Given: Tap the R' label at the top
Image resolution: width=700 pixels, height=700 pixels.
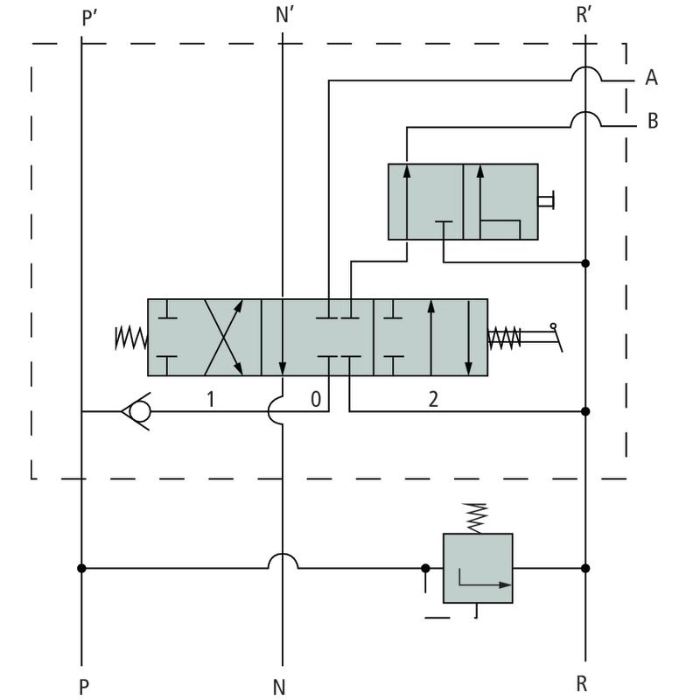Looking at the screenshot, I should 585,18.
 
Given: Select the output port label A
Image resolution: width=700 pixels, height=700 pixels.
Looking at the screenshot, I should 651,79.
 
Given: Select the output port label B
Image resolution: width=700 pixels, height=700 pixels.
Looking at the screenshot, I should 652,121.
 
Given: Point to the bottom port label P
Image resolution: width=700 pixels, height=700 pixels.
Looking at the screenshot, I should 83,683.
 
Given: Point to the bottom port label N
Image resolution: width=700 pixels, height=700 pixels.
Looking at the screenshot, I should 279,687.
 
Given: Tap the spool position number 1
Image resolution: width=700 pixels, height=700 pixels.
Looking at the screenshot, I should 209,400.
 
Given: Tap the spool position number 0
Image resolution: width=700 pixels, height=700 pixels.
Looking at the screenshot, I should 315,400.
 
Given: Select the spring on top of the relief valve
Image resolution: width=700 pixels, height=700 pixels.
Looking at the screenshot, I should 477,517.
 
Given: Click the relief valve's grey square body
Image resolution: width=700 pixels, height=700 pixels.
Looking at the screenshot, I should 478,568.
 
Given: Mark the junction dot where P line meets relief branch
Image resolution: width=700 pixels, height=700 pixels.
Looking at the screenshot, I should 81,568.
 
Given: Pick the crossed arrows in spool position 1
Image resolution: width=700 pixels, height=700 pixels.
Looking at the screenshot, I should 222,338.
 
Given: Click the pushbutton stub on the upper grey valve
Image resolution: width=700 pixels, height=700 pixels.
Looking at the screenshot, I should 547,202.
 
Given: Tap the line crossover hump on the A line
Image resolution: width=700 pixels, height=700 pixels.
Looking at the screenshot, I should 585,73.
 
